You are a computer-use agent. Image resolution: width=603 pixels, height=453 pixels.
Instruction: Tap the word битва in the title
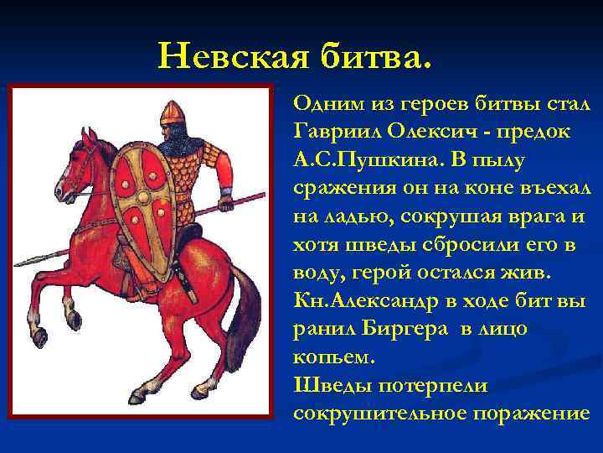(x=374, y=56)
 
